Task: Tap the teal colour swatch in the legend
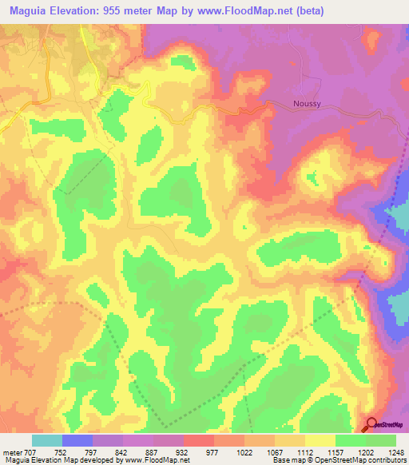(x=47, y=440)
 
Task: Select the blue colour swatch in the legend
(x=77, y=440)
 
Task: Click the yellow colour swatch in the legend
(x=320, y=440)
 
